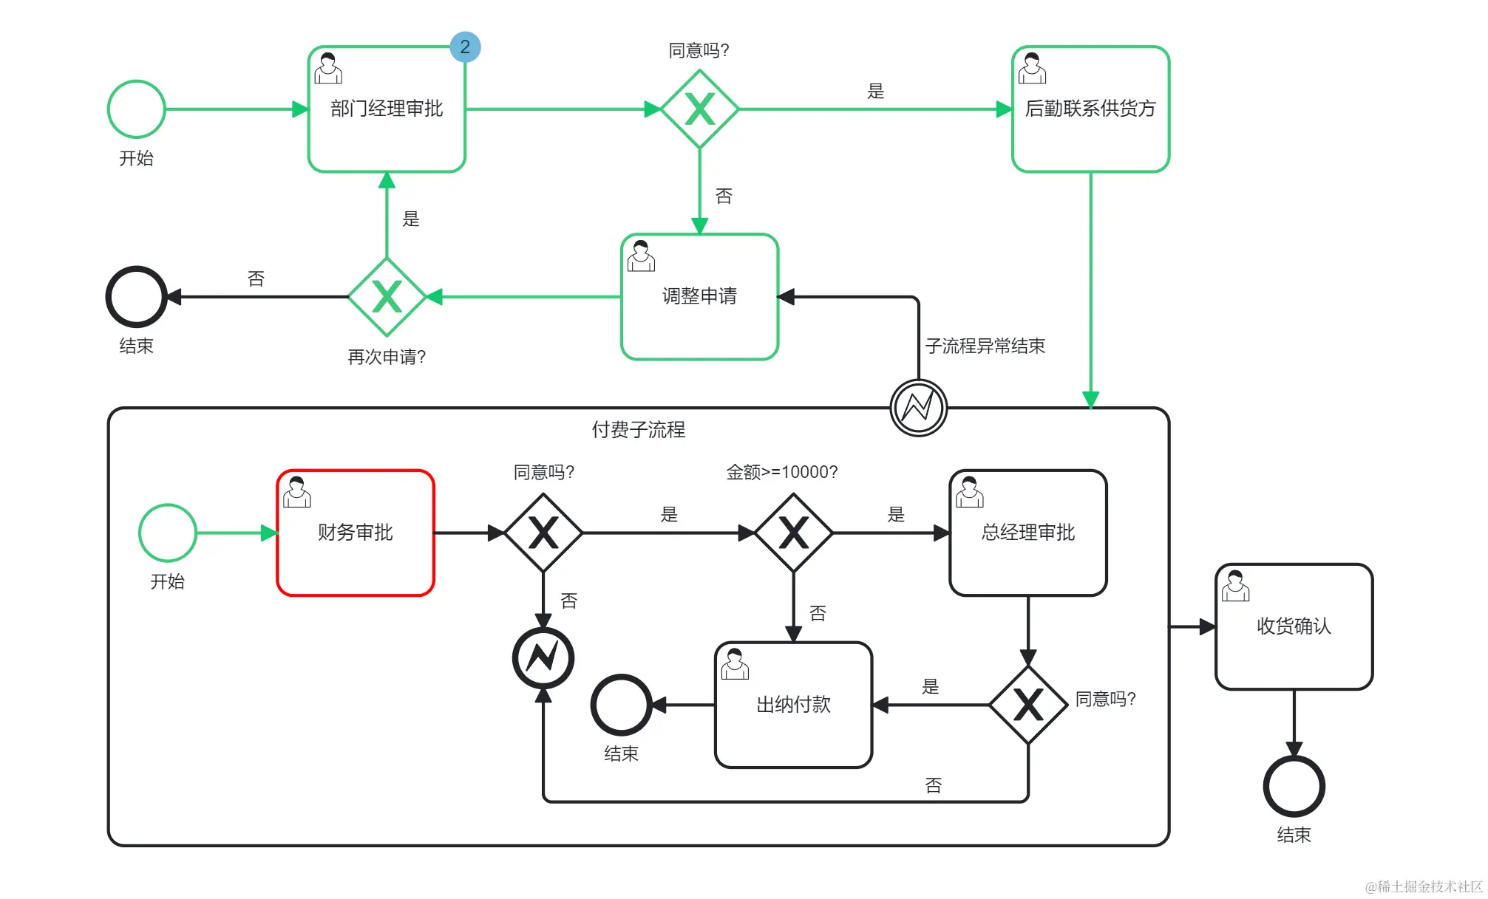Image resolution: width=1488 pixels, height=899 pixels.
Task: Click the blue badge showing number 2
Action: pyautogui.click(x=465, y=47)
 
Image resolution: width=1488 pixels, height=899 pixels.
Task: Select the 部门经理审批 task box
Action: pyautogui.click(x=387, y=109)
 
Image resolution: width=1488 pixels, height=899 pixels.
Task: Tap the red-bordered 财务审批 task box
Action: pyautogui.click(x=356, y=533)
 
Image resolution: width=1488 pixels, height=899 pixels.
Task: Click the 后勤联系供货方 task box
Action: pyautogui.click(x=1090, y=109)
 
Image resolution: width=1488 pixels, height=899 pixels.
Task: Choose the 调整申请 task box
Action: pyautogui.click(x=699, y=297)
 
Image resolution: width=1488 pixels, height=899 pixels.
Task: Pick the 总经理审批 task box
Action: pyautogui.click(x=1027, y=533)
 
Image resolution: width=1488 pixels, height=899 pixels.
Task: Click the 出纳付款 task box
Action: pyautogui.click(x=793, y=705)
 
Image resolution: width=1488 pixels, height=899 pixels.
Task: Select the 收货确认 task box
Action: pyautogui.click(x=1294, y=626)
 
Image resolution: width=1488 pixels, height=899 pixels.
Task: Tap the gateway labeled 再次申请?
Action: pyautogui.click(x=387, y=297)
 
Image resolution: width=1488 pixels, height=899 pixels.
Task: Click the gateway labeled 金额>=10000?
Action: pyautogui.click(x=793, y=533)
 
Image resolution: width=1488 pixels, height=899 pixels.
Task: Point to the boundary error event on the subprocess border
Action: pyautogui.click(x=918, y=408)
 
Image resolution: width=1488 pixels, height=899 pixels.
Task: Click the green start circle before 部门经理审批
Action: pyautogui.click(x=137, y=109)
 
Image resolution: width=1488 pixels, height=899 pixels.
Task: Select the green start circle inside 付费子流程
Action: pyautogui.click(x=168, y=533)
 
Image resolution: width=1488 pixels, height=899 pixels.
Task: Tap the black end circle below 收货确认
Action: pyautogui.click(x=1294, y=786)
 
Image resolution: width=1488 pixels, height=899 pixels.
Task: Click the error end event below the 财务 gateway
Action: pyautogui.click(x=543, y=657)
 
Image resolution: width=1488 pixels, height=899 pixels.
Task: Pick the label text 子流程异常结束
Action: pyautogui.click(x=985, y=346)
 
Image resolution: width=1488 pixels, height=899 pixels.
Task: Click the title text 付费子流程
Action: pyautogui.click(x=638, y=429)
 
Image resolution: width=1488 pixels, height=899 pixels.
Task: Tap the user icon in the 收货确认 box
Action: pyautogui.click(x=1235, y=586)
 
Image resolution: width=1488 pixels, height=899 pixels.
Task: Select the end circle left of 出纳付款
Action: pyautogui.click(x=621, y=705)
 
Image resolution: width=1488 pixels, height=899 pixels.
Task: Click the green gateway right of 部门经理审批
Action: pyautogui.click(x=699, y=109)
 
